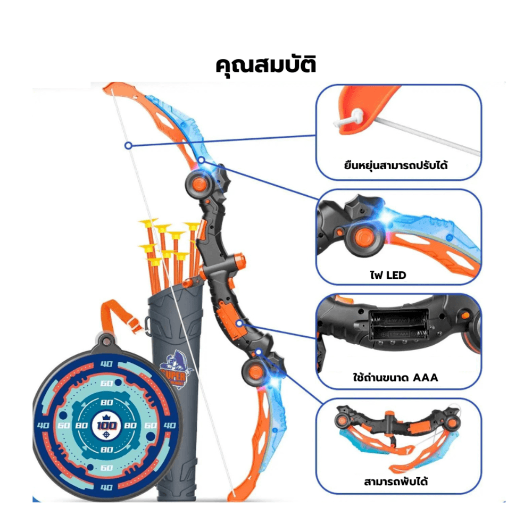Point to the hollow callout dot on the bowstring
pos(128,145)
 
